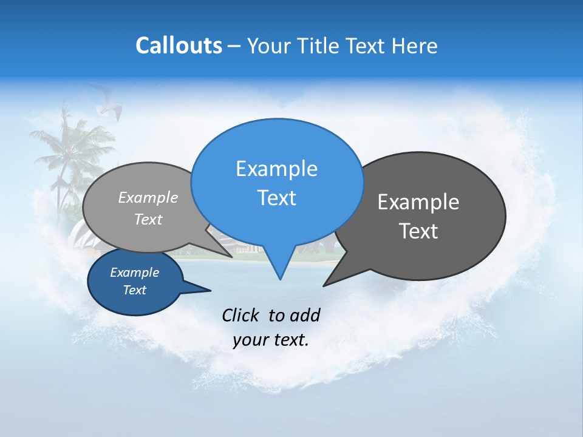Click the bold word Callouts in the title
coord(179,46)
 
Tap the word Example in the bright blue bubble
coord(276,169)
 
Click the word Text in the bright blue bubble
coord(276,198)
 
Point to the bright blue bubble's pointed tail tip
coord(280,279)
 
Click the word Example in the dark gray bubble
coord(418,202)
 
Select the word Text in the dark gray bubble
coord(418,231)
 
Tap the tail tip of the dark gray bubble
coord(324,285)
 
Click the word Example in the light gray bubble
coord(148,197)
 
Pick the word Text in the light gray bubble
coord(148,219)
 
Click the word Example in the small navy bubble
coord(134,273)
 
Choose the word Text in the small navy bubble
coord(134,290)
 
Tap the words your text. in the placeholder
coord(271,340)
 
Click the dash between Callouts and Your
coord(234,46)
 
